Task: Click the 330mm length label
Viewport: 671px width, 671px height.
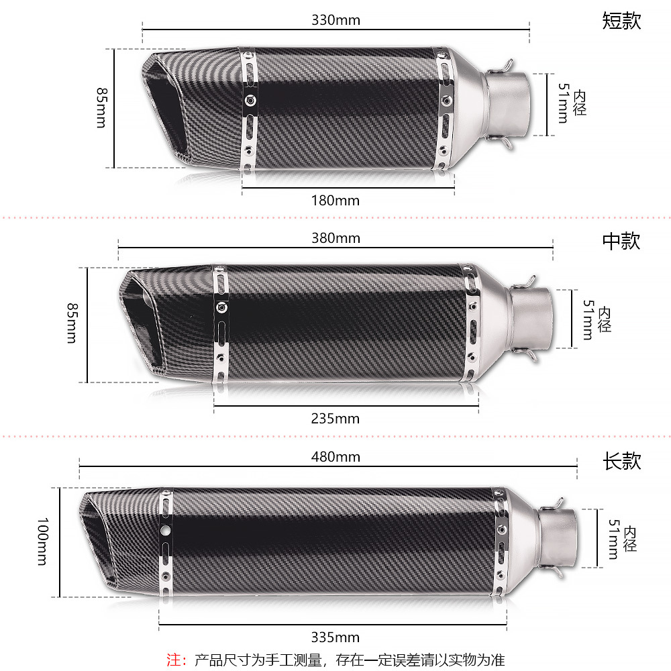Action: pos(336,20)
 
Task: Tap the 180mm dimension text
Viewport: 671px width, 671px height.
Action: pos(335,200)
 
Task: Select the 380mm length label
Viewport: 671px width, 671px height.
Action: pos(336,238)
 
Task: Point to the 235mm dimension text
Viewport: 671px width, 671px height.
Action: pos(335,418)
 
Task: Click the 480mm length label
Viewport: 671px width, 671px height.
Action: pos(336,456)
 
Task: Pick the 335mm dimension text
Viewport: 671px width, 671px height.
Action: pos(335,637)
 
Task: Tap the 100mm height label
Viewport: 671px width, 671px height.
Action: pos(43,541)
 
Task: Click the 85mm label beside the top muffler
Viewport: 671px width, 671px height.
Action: pos(102,108)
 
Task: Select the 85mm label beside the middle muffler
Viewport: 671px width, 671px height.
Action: pos(72,323)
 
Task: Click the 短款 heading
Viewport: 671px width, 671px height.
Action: pos(622,21)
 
